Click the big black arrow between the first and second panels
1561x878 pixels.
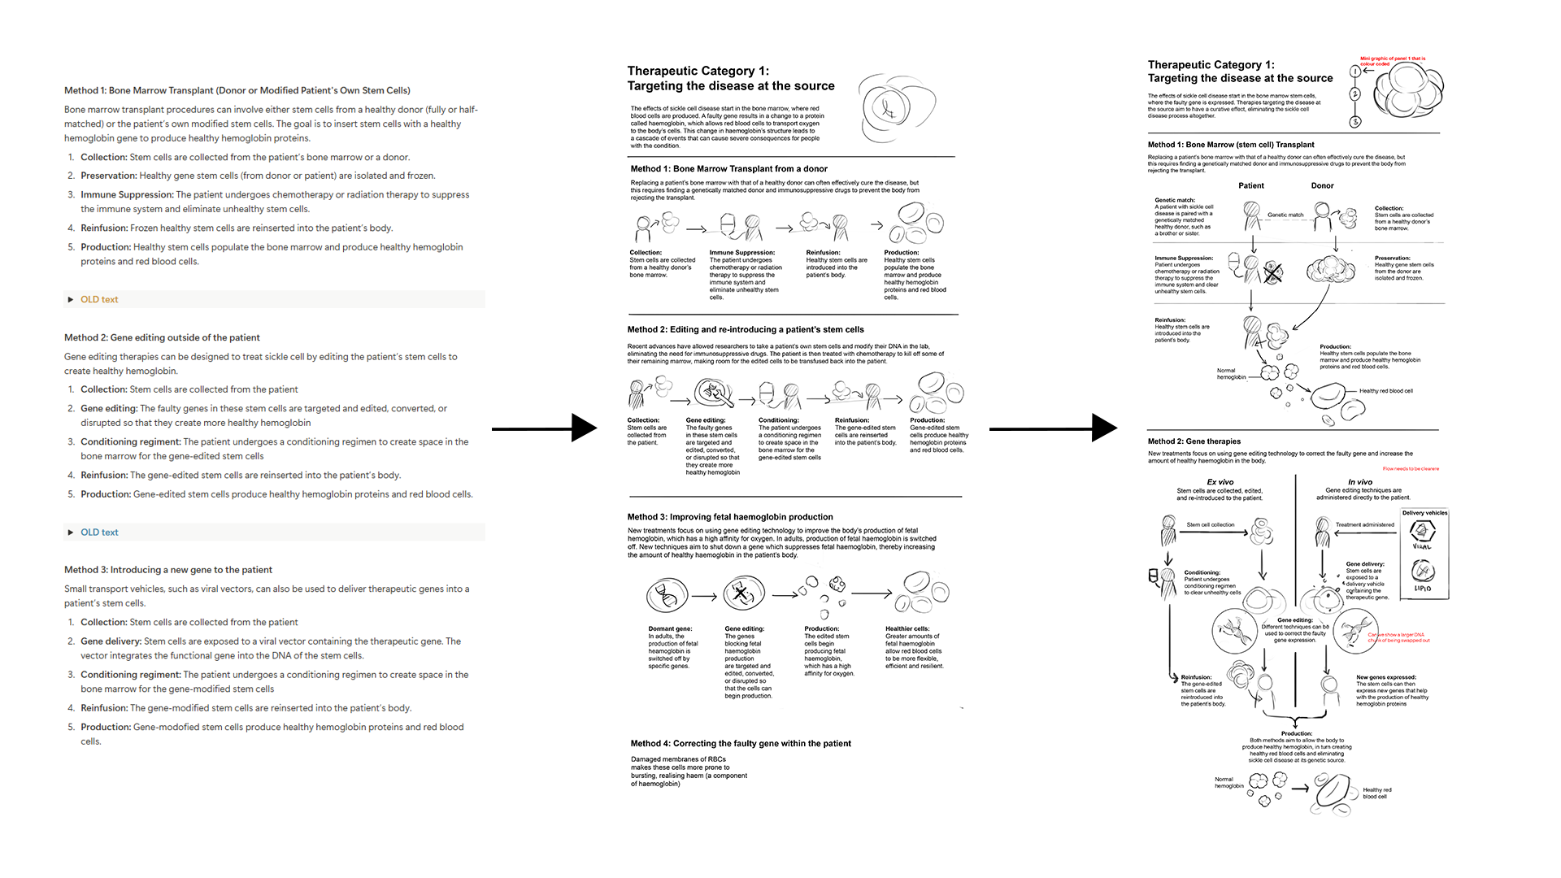(544, 428)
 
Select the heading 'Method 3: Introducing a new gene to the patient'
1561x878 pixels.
(168, 570)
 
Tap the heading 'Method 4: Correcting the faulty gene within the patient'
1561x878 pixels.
(741, 743)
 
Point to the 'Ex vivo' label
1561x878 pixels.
(1220, 482)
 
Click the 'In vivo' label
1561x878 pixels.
(1360, 482)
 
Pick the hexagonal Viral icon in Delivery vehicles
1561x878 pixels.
(1422, 531)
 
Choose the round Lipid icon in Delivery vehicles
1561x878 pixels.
(1423, 571)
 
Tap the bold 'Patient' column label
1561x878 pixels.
(1251, 185)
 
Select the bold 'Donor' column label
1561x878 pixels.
(1322, 185)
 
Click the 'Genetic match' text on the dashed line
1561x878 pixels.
(1285, 215)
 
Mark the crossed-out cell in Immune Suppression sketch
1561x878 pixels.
(1272, 273)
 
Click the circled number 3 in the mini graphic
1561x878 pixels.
(1354, 122)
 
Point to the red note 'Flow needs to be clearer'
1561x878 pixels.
(1411, 469)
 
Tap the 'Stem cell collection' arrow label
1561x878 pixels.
(1210, 525)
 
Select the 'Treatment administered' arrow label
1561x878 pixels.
(1364, 525)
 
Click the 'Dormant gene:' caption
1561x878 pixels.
(670, 628)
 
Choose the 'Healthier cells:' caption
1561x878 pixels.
(907, 628)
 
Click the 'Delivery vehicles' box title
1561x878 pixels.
(1424, 513)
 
